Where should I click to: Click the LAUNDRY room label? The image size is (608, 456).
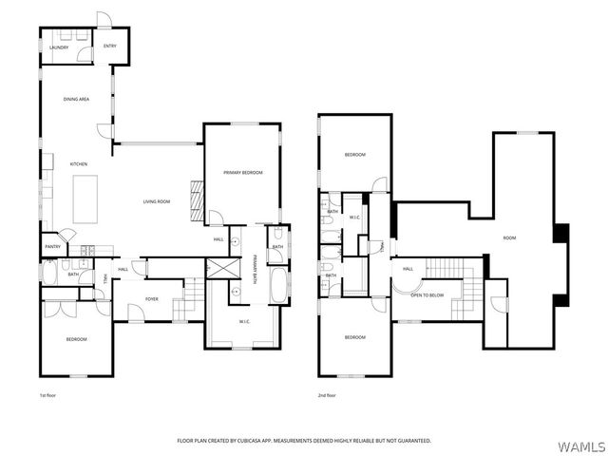click(x=59, y=47)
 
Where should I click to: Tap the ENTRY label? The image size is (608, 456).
click(x=110, y=46)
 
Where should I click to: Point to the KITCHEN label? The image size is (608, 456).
click(x=79, y=164)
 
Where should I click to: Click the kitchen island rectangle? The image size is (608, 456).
click(x=85, y=198)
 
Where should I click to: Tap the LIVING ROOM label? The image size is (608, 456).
click(x=157, y=201)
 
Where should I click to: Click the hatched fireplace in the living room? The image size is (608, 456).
click(x=198, y=200)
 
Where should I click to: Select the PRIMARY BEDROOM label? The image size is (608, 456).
click(x=243, y=172)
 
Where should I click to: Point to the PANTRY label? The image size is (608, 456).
click(x=52, y=247)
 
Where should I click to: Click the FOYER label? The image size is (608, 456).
click(x=152, y=298)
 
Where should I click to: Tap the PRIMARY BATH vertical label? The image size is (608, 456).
click(x=255, y=270)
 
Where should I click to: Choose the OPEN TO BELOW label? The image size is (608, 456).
click(x=427, y=294)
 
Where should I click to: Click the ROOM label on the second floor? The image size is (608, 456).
click(x=509, y=237)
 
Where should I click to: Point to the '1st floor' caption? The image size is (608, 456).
click(x=48, y=394)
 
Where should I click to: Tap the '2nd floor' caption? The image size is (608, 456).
click(x=327, y=394)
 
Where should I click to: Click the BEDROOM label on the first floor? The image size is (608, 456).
click(x=76, y=339)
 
